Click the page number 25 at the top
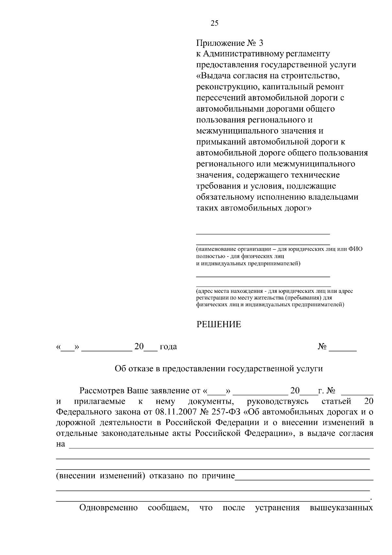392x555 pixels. [214, 23]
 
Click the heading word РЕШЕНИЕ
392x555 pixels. [219, 325]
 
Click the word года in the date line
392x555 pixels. [168, 347]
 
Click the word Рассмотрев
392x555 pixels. [102, 391]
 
